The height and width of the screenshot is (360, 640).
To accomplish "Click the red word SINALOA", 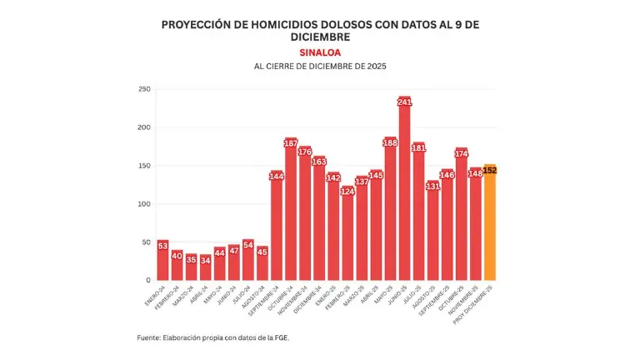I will click(320, 52).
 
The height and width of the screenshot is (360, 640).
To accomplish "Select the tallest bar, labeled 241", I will click(405, 200).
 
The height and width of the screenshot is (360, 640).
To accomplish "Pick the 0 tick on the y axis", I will click(147, 280).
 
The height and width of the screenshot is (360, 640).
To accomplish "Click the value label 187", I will click(291, 143).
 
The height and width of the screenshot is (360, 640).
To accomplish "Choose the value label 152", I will click(490, 170).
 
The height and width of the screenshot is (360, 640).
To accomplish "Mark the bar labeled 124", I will click(347, 237).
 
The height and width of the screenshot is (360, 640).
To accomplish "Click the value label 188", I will click(390, 142).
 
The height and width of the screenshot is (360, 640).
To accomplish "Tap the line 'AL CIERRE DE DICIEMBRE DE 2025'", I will click(320, 66).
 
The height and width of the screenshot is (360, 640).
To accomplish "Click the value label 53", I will click(162, 245).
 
